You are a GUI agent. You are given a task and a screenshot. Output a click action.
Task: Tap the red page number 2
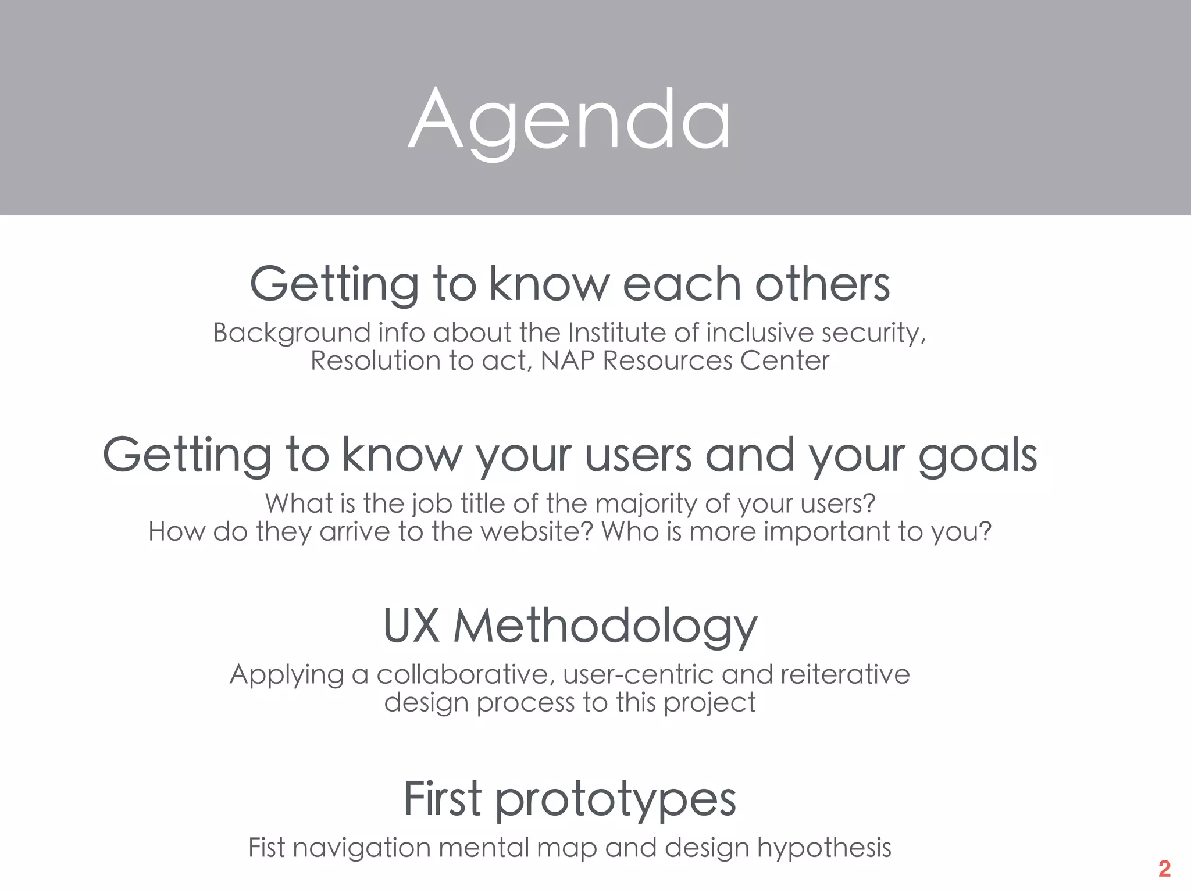(x=1164, y=869)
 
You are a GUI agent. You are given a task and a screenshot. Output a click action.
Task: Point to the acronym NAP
(x=568, y=360)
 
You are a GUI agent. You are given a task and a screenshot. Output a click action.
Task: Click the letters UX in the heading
(x=411, y=626)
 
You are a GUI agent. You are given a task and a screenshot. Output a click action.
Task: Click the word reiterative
(x=845, y=674)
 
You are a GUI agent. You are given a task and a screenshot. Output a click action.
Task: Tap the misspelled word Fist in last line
(x=266, y=848)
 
